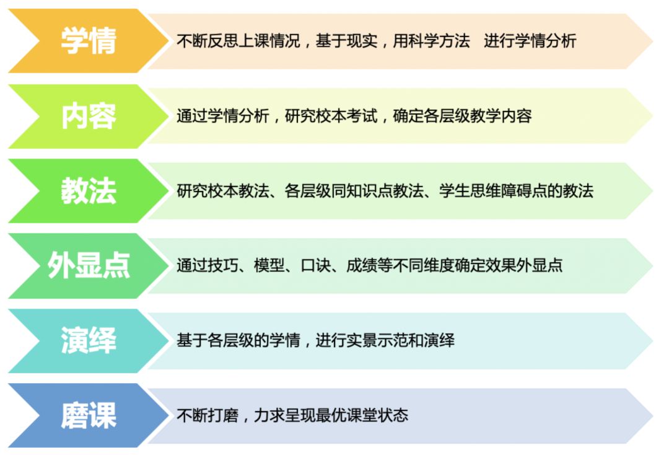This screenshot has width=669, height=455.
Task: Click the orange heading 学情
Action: (89, 41)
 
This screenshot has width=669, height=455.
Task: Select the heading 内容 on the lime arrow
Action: (89, 116)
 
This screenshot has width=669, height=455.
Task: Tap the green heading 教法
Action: (89, 191)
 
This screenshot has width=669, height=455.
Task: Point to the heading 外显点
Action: (89, 265)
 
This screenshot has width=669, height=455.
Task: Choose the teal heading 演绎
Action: (89, 340)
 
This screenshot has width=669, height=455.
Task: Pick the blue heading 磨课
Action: (89, 415)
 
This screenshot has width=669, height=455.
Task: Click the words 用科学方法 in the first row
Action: (431, 41)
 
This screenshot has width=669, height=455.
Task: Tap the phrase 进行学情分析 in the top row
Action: (530, 41)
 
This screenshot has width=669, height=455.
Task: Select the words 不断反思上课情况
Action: (238, 41)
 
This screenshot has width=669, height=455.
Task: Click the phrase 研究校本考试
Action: (331, 116)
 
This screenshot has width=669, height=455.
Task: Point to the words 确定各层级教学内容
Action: (462, 116)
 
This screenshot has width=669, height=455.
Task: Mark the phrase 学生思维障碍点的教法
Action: (516, 191)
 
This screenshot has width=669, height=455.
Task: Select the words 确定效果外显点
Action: (509, 265)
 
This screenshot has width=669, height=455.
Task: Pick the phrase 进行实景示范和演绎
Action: (385, 340)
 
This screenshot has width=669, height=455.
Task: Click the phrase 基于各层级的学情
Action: (238, 340)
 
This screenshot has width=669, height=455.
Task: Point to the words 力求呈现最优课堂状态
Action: (331, 415)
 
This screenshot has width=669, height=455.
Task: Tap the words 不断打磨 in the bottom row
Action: (208, 415)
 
